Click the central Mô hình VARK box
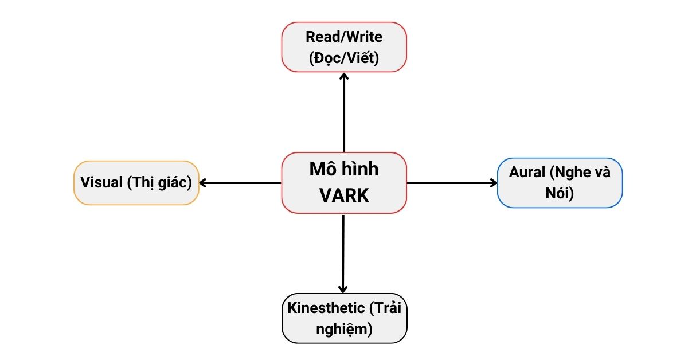point(344,182)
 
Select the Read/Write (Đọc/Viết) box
point(344,47)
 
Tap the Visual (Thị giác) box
point(136,183)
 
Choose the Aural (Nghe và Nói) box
point(560,182)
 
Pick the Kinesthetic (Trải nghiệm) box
point(344,318)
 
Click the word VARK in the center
point(344,195)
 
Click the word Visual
point(101,183)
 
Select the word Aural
point(526,173)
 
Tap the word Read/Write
point(344,37)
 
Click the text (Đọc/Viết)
point(344,57)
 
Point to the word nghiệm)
point(344,329)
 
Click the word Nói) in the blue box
point(560,193)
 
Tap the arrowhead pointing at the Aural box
point(494,183)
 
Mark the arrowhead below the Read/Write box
point(344,76)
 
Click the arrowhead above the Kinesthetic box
point(343,289)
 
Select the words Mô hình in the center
point(344,170)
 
